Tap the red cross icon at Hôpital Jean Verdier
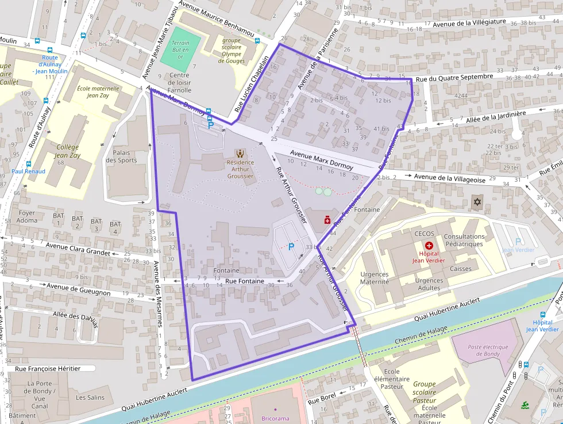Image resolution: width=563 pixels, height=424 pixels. tap(429, 246)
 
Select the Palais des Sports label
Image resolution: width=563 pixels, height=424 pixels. tap(121, 156)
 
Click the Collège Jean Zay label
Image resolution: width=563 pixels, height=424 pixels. tap(67, 151)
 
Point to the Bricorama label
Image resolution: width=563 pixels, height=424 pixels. tap(275, 418)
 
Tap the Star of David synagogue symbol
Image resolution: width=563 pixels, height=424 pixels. tap(476, 202)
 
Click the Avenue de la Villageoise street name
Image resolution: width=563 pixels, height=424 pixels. tap(450, 178)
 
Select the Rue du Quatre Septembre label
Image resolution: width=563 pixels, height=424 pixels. tap(454, 77)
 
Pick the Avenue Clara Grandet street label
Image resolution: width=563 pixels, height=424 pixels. tap(78, 249)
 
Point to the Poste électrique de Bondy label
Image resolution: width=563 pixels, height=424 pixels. tap(488, 351)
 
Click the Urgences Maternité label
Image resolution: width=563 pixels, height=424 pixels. tap(374, 278)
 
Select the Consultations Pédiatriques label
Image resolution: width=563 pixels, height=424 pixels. tap(465, 240)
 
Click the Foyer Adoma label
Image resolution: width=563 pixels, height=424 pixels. tap(27, 216)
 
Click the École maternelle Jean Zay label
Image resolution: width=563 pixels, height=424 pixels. tap(98, 92)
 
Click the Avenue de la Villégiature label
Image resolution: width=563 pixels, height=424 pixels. tap(469, 23)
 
